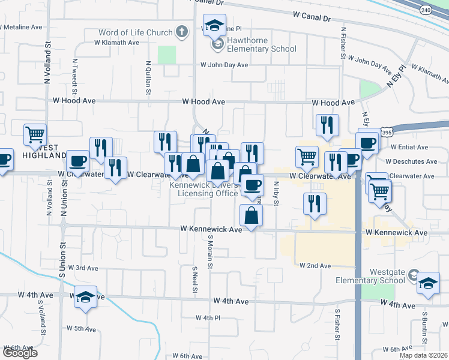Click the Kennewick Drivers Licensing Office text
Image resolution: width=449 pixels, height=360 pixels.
pos(204,189)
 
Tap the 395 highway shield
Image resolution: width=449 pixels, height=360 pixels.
pos(387,132)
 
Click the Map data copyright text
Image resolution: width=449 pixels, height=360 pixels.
pos(424,355)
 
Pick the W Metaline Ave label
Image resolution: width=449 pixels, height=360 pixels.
pos(22,27)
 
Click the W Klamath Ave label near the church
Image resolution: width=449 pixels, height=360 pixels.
pos(116,43)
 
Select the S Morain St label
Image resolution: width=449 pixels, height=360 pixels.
pos(211,252)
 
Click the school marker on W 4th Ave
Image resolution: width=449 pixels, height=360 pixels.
pos(86,297)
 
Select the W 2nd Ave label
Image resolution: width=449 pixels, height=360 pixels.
pos(315,265)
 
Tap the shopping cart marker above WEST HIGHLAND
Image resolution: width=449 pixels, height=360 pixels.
pos(35,134)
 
